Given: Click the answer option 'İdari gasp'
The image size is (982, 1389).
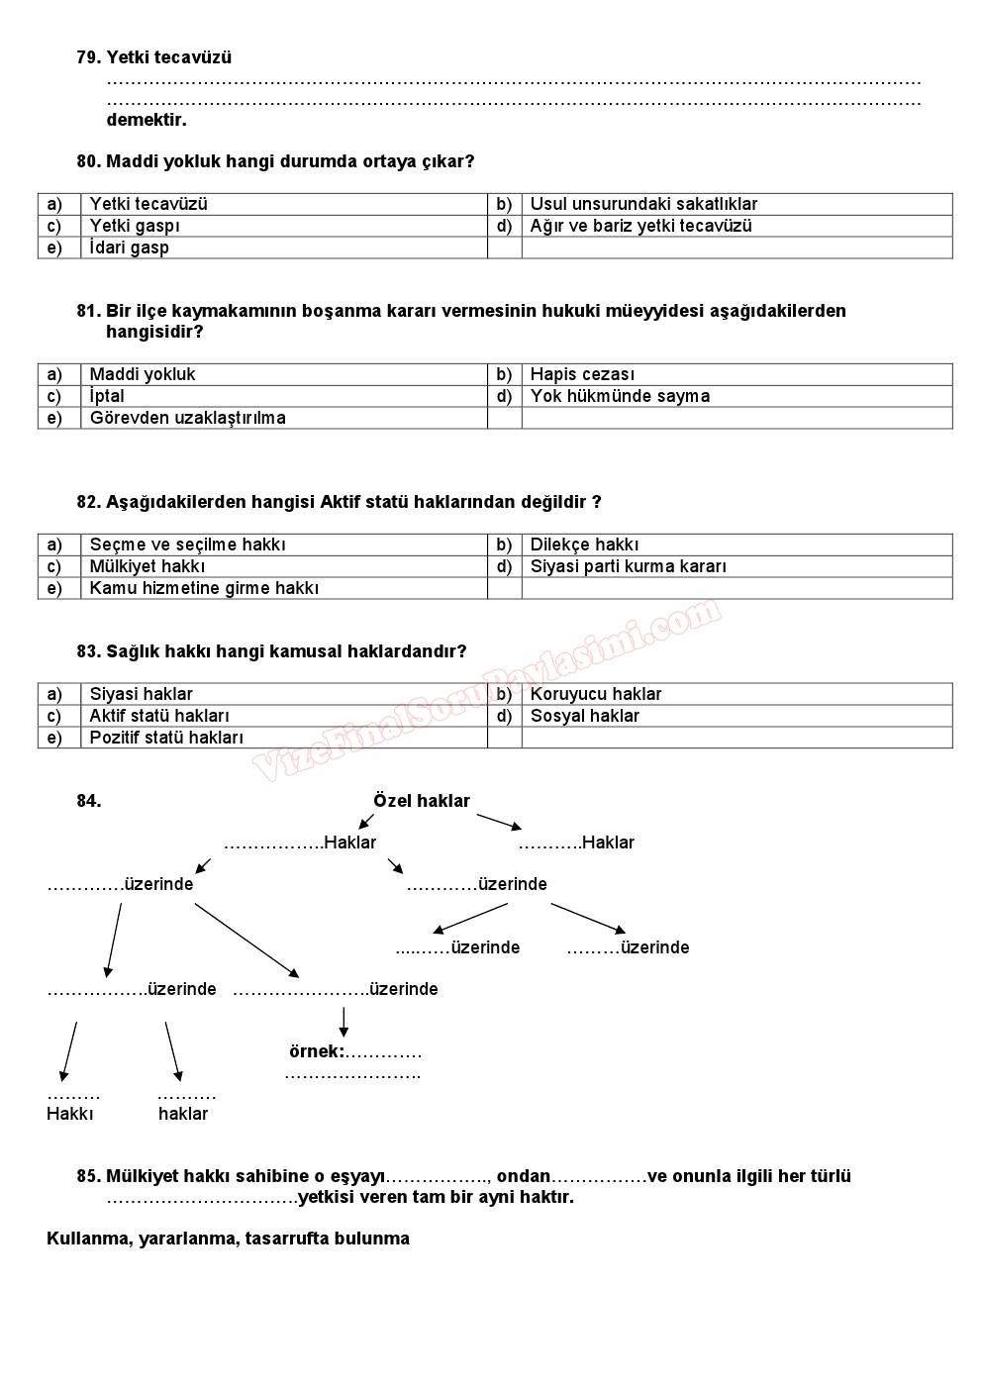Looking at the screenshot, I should (x=130, y=248).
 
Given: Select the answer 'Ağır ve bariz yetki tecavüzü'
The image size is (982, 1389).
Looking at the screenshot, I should (x=640, y=226).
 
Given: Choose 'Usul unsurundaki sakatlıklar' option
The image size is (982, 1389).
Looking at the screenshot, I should (x=643, y=204).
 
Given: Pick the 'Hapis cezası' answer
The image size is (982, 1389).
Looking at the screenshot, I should (x=582, y=374).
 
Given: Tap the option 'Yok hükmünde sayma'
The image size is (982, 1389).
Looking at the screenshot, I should (x=620, y=396).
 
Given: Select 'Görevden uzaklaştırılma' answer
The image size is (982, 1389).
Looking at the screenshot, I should (x=187, y=418).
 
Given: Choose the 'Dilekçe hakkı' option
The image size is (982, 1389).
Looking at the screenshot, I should (x=584, y=545).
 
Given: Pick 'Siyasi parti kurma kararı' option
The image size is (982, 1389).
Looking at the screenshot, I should (x=628, y=566).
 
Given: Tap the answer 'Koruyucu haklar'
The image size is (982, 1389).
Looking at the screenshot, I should (x=595, y=694).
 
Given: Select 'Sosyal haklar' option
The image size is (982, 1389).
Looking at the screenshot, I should (x=584, y=716).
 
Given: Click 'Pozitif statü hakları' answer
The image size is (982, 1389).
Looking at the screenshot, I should (x=166, y=738).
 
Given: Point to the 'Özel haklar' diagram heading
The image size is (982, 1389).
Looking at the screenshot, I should (x=422, y=801).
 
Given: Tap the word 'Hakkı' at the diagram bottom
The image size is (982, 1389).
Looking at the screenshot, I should (x=70, y=1114).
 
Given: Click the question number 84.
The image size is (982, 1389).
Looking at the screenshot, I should (x=89, y=801).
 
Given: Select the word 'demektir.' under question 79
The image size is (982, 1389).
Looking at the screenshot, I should (x=147, y=120).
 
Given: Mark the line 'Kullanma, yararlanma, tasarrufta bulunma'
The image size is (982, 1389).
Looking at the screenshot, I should (x=228, y=1239).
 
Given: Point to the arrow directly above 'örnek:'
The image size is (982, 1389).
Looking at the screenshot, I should (x=344, y=1021).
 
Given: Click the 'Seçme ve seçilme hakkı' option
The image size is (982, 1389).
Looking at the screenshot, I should (x=187, y=545).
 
